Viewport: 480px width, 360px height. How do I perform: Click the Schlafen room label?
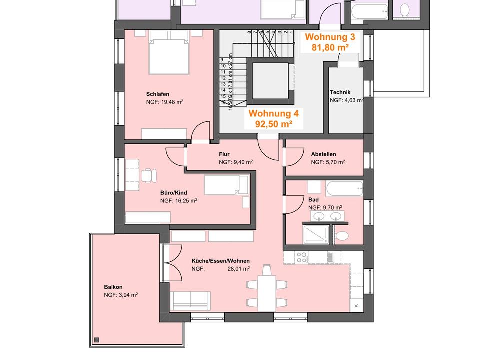pos(158,94)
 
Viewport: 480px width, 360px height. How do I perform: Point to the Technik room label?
pos(340,92)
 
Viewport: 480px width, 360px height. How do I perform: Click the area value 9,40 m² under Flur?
pos(236,162)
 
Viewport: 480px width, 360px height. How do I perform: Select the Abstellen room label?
pos(323,154)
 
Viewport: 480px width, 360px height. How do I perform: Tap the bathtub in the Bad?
pos(344,190)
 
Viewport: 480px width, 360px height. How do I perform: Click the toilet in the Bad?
pos(342,235)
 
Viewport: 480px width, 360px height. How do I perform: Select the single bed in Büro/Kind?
pos(226,185)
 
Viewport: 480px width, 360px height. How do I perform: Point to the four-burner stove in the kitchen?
pos(302,257)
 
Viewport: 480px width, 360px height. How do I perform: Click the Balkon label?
pos(113,287)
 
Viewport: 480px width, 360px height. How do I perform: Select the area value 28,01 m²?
pos(238,268)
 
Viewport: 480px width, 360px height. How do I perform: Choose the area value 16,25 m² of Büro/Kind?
pos(179,200)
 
